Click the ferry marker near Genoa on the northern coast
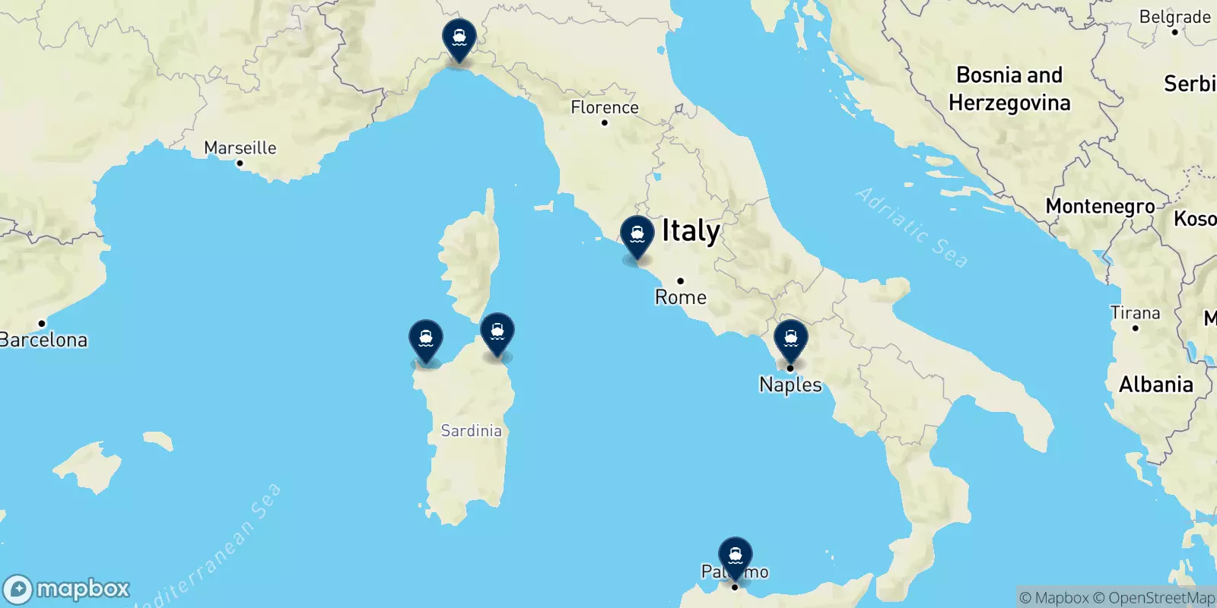pos(459,37)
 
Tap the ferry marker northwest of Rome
pos(637,236)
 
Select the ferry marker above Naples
pos(791,340)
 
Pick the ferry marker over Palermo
pos(736,556)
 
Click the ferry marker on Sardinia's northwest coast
pos(426,339)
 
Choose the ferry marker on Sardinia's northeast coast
pos(497,332)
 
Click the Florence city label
pos(605,108)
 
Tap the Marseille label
pos(240,147)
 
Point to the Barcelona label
pos(43,340)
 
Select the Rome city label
pos(681,297)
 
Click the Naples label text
pos(790,385)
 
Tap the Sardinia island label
pos(472,431)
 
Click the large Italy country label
pos(691,231)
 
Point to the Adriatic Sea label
pos(912,227)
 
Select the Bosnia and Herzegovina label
pos(1009,89)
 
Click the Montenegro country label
pos(1100,206)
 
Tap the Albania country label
pos(1155,385)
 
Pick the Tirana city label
pos(1135,313)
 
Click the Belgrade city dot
pos(1175,32)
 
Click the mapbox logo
pos(67,589)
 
